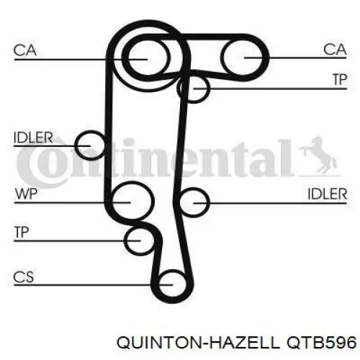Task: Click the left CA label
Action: (25, 50)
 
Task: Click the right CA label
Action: (335, 50)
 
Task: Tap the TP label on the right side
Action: (340, 79)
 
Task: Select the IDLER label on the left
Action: (33, 138)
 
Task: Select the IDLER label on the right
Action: (328, 194)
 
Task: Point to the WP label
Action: (26, 194)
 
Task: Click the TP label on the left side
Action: (22, 232)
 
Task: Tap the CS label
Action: (24, 277)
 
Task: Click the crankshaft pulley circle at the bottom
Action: (158, 285)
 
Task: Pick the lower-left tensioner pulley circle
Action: (125, 240)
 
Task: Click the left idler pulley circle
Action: (76, 145)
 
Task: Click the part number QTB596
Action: (322, 342)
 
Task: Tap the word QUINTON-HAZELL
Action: (198, 342)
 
